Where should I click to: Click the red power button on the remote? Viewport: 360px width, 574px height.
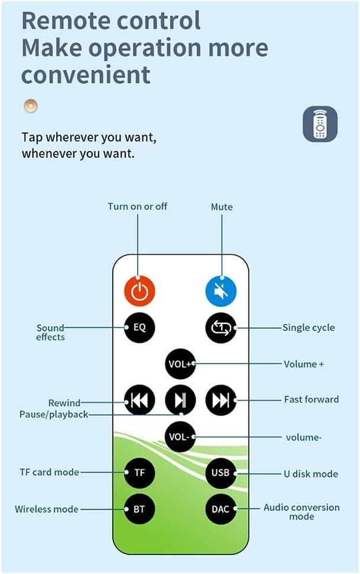click(140, 290)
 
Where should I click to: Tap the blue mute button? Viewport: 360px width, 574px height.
click(221, 290)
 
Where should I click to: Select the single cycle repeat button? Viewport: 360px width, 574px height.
click(221, 327)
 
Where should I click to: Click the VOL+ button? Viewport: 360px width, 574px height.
click(180, 364)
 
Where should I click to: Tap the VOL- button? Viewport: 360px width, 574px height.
click(180, 437)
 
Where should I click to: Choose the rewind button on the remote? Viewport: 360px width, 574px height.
click(140, 400)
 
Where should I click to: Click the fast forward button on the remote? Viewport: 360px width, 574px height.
click(221, 400)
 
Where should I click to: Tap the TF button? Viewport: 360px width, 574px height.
click(140, 472)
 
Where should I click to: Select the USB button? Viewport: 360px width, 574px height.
click(221, 472)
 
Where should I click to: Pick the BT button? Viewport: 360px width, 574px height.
click(140, 508)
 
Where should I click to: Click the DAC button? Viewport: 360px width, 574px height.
click(221, 508)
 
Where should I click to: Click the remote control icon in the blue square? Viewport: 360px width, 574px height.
click(320, 124)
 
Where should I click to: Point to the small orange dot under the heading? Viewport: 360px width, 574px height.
click(31, 106)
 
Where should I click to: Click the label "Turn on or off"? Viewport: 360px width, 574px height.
click(137, 206)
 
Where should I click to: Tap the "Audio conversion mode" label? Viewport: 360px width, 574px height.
click(301, 512)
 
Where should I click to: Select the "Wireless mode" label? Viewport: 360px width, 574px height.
click(46, 508)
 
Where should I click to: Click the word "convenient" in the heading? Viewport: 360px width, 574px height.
click(86, 75)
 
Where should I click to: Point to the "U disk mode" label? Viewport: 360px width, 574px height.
click(310, 474)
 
